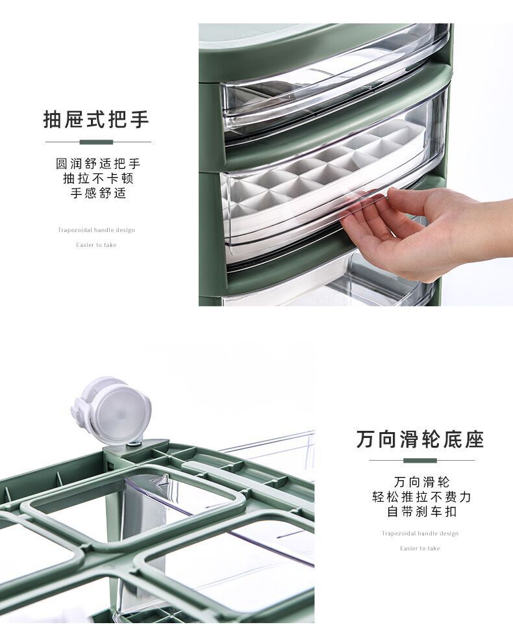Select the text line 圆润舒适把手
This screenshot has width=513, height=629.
(97, 164)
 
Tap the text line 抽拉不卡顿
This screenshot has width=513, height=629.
(97, 179)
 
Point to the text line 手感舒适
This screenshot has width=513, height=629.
(97, 194)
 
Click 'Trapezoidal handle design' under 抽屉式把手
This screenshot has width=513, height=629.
(96, 230)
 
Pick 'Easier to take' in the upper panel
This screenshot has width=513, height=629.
(96, 245)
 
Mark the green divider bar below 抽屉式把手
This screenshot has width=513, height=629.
(96, 142)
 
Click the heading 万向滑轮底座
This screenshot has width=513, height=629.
(420, 439)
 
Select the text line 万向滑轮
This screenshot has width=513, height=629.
(421, 482)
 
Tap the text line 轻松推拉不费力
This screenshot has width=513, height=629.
(421, 497)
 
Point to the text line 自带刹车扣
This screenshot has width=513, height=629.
(421, 511)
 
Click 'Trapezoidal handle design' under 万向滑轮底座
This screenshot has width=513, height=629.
(420, 533)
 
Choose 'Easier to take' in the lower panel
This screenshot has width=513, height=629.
(420, 548)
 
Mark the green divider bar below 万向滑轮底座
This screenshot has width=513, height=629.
(420, 460)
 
